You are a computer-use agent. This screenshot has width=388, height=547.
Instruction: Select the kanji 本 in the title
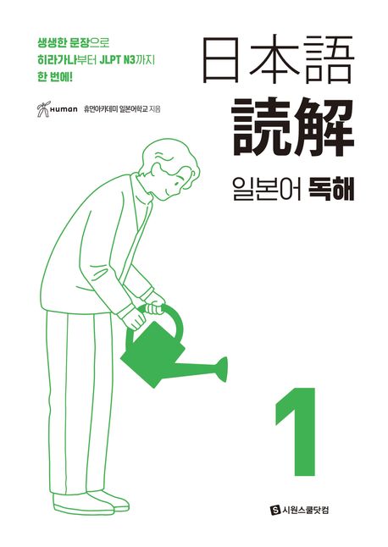coord(275,58)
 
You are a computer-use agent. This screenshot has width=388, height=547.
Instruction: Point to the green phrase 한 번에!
coord(54,77)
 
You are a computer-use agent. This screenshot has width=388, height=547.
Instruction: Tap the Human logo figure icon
coord(43,109)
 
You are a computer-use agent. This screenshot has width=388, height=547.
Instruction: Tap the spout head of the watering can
coord(223,369)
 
